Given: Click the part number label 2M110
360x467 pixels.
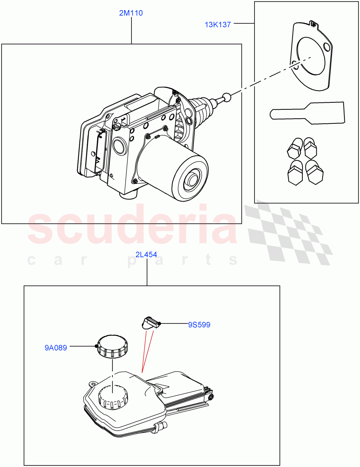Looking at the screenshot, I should click(x=131, y=13).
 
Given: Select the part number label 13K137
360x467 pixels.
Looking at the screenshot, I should click(x=218, y=25).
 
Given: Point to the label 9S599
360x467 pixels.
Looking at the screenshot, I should click(x=199, y=325).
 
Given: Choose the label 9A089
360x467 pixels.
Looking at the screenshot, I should click(x=55, y=348).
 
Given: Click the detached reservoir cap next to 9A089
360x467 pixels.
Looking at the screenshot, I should click(x=113, y=346).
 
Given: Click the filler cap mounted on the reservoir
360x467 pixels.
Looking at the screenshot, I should click(x=113, y=397).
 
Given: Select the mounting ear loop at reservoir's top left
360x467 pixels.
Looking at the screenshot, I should click(x=93, y=383).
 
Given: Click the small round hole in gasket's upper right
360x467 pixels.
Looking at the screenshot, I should click(x=326, y=47).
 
